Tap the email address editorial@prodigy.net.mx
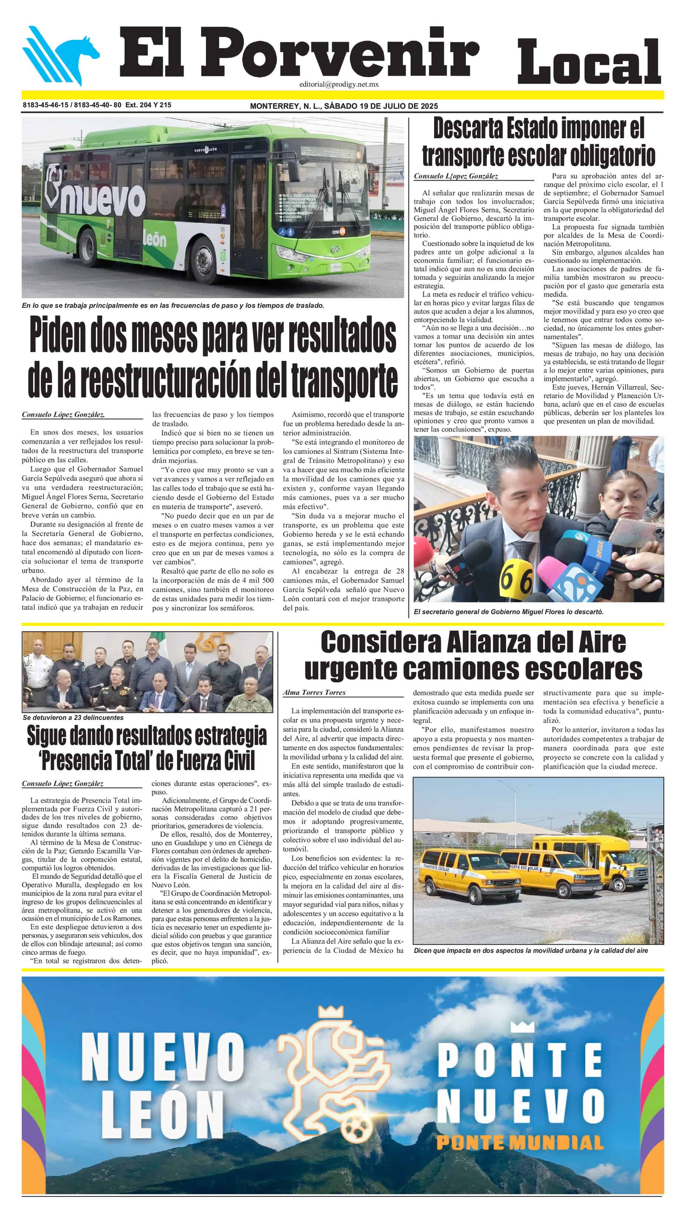[x=339, y=84]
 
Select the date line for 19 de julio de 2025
[x=344, y=106]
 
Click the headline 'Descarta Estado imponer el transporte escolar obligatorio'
[x=538, y=142]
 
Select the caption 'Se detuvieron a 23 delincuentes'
[x=73, y=717]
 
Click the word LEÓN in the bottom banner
[x=162, y=1115]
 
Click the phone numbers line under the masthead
[x=97, y=105]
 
